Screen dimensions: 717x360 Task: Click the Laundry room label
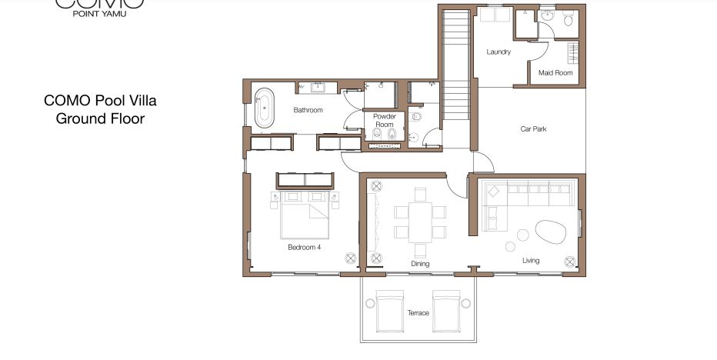coord(499,52)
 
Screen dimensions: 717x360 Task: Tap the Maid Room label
coord(555,73)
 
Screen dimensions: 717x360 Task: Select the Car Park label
coord(533,129)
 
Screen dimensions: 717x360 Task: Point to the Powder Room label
coord(384,120)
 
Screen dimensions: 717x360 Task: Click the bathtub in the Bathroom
coord(265,108)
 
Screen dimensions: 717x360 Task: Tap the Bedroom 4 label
coord(304,248)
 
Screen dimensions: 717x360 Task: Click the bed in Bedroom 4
coord(305,215)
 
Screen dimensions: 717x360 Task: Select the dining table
coord(420,222)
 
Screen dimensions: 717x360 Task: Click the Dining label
coord(420,264)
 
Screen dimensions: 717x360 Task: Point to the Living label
coord(530,261)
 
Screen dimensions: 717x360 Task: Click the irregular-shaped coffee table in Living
coord(551,232)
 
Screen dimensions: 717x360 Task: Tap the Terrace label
coord(419,313)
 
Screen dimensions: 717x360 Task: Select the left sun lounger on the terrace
coord(389,311)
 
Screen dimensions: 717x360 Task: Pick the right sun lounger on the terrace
coord(446,311)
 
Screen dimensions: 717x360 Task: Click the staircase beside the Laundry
coord(456,65)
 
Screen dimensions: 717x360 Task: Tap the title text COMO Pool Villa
coord(100,101)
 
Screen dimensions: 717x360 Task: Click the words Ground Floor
coord(100,119)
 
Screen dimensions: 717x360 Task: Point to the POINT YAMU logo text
coord(100,14)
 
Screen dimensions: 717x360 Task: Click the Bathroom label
coord(308,110)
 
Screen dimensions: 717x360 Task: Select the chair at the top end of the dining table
coord(420,195)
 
